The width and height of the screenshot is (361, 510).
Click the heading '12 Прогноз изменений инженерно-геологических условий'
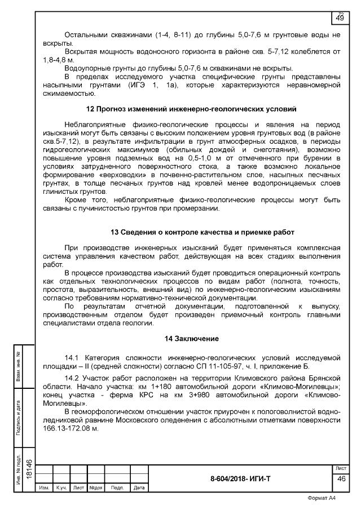(x=191, y=108)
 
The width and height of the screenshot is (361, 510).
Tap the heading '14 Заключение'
(x=191, y=338)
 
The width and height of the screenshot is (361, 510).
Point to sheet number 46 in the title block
(x=341, y=478)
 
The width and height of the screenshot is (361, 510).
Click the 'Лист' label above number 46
(x=341, y=468)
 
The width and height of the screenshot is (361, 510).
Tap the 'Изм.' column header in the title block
(x=44, y=487)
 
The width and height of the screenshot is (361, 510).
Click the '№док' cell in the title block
(x=95, y=487)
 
